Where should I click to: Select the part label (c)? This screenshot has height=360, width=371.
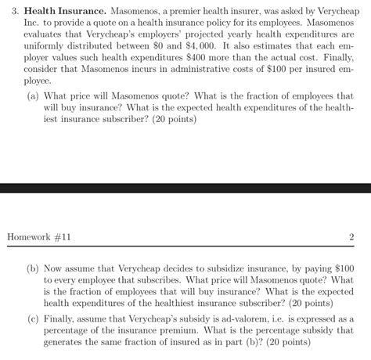(x=34, y=319)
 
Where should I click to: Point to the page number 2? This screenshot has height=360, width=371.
(x=352, y=237)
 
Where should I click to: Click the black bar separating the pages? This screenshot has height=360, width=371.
(x=185, y=189)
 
